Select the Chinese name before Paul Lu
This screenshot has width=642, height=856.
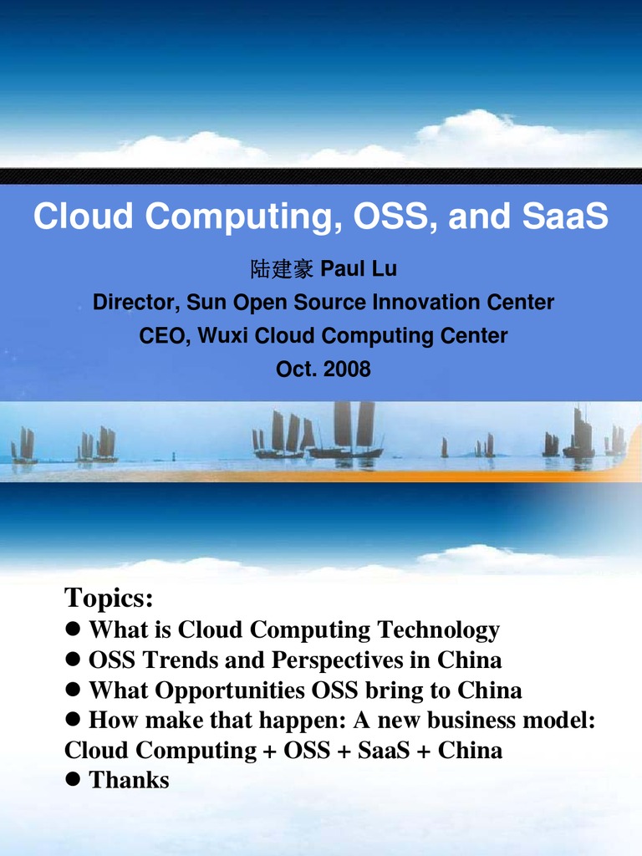[x=282, y=269]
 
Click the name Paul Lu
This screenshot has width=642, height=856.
[x=359, y=269]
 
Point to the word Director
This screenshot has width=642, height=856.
[x=134, y=303]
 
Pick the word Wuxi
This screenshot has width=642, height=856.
[x=223, y=336]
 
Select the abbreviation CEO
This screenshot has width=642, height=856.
[x=162, y=336]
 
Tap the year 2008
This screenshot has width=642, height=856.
[x=347, y=369]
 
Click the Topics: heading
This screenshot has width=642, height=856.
[x=109, y=599]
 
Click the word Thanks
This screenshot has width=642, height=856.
[x=129, y=781]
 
